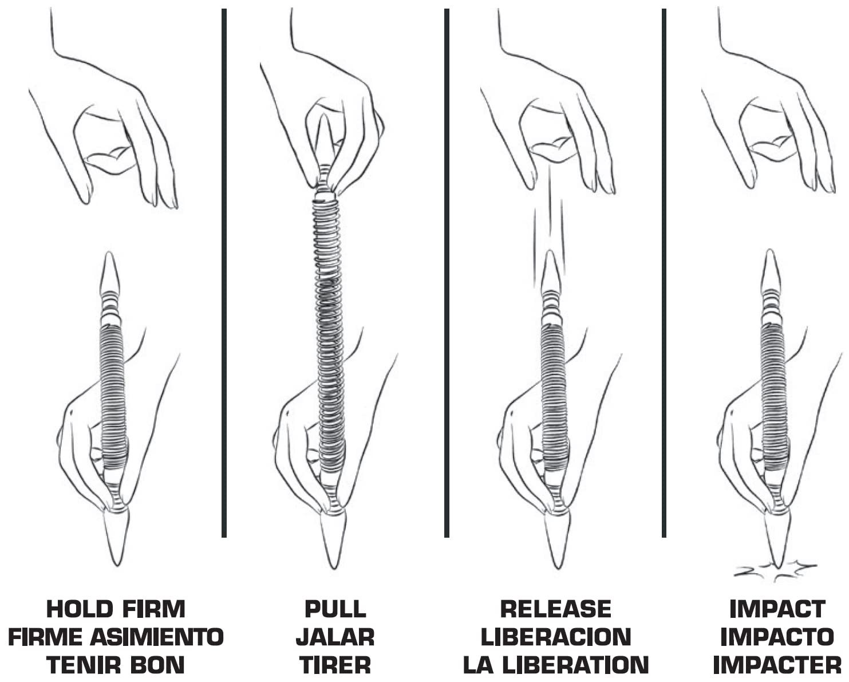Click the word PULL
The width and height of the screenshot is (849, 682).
click(335, 609)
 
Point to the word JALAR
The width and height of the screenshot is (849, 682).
click(335, 637)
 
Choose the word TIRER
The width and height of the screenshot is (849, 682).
click(335, 665)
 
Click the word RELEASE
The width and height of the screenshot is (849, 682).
click(555, 609)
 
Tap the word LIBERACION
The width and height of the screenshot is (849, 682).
click(555, 637)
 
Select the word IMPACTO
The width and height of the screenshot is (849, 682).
click(776, 637)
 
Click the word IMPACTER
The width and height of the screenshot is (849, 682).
click(776, 665)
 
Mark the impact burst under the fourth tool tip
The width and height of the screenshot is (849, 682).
click(776, 570)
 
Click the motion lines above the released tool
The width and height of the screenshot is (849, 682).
click(548, 229)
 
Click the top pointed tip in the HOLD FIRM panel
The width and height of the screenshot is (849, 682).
click(110, 272)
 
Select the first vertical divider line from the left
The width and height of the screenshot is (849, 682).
click(224, 272)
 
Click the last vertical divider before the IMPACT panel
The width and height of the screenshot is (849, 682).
click(664, 272)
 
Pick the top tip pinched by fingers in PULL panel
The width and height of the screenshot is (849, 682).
click(325, 140)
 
